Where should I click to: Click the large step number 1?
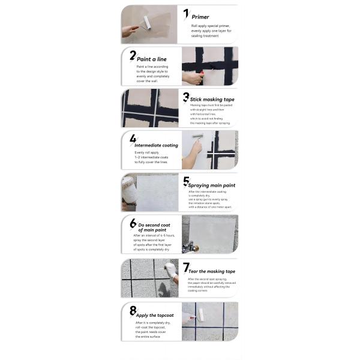point(186,14)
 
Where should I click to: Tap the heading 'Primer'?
point(200,17)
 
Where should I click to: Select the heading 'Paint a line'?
point(151,59)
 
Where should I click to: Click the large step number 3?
point(186,97)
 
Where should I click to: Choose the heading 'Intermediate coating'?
point(156,145)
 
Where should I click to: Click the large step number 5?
point(186,181)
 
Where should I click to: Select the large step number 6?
point(133,223)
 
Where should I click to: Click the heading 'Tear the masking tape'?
point(211,271)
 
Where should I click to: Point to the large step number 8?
point(133,310)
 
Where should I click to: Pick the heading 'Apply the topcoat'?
point(155,314)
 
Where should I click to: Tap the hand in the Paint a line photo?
point(190,79)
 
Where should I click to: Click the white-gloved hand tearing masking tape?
point(170,270)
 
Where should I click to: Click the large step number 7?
point(186,268)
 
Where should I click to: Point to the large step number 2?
point(133,56)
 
